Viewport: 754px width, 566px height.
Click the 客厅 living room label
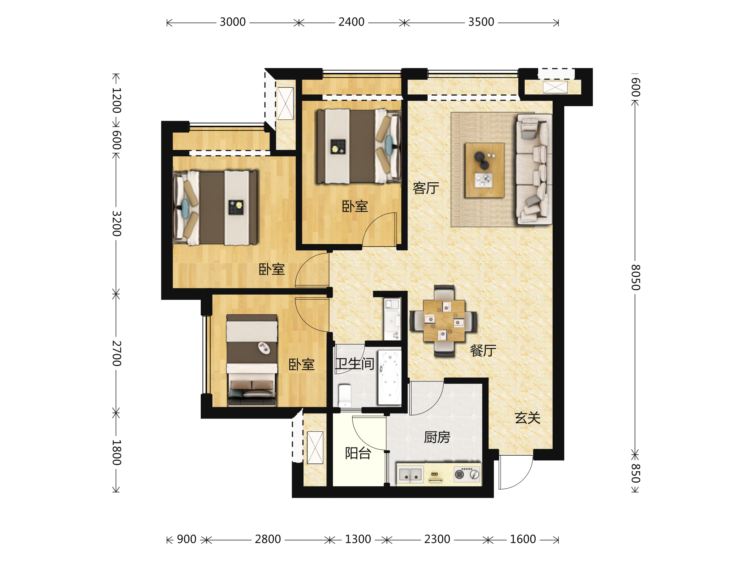pyautogui.click(x=426, y=188)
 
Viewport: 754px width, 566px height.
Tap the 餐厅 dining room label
pyautogui.click(x=483, y=350)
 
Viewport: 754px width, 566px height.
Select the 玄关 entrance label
pyautogui.click(x=528, y=418)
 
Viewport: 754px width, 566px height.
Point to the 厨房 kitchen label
pyautogui.click(x=437, y=437)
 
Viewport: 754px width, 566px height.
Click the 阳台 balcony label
pyautogui.click(x=358, y=453)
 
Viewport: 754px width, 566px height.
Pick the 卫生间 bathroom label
pyautogui.click(x=355, y=364)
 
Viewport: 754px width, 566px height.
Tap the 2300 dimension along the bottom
pyautogui.click(x=437, y=539)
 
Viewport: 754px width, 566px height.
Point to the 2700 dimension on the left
pyautogui.click(x=117, y=353)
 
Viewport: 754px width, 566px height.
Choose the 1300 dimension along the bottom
pyautogui.click(x=358, y=539)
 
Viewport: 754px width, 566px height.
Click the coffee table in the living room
pyautogui.click(x=485, y=170)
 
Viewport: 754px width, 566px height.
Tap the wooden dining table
pyautogui.click(x=444, y=321)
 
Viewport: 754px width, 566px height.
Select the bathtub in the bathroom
pyautogui.click(x=390, y=378)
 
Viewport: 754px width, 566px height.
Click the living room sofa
pyautogui.click(x=534, y=169)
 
